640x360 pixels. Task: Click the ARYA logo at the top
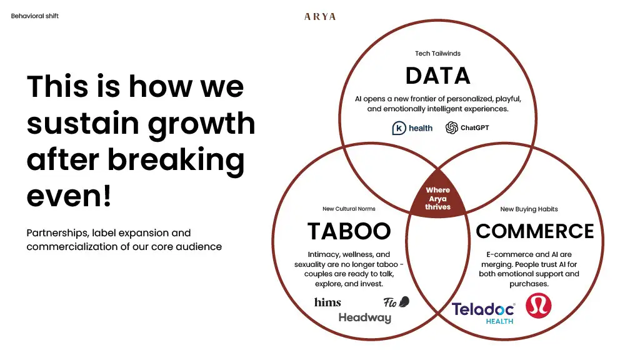(x=320, y=17)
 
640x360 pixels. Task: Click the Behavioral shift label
(x=35, y=16)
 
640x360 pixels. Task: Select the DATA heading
(x=437, y=76)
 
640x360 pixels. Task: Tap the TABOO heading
(x=349, y=231)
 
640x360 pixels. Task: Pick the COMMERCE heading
(x=534, y=231)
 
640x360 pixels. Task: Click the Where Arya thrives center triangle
(x=437, y=198)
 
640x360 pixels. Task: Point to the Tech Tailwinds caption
(x=437, y=54)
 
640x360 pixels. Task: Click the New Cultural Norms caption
(x=349, y=209)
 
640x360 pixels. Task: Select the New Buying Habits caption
(x=529, y=209)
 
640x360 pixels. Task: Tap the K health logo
(x=412, y=128)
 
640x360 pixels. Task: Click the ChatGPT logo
(x=467, y=128)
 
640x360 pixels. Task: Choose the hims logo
(x=327, y=302)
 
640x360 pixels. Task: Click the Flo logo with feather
(x=396, y=302)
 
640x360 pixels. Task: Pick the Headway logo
(x=364, y=318)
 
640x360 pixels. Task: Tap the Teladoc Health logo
(x=483, y=311)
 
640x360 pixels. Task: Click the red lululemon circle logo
(x=538, y=305)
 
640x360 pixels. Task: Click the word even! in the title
(x=69, y=197)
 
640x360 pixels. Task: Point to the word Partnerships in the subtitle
(x=57, y=233)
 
